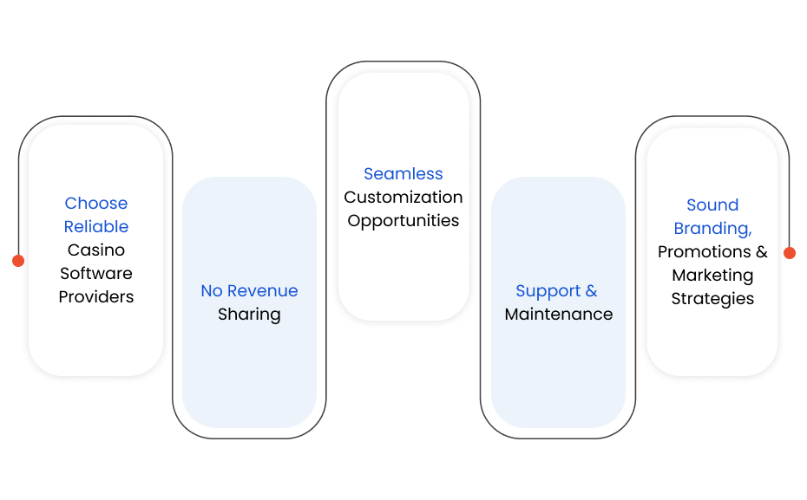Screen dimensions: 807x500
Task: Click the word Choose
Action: pyautogui.click(x=96, y=203)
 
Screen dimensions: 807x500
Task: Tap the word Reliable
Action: pyautogui.click(x=96, y=226)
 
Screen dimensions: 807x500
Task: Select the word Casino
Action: pyautogui.click(x=96, y=250)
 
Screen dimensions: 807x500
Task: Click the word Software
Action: pyautogui.click(x=96, y=273)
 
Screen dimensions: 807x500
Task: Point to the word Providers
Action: pyautogui.click(x=96, y=296)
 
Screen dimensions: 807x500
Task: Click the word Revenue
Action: pyautogui.click(x=262, y=291)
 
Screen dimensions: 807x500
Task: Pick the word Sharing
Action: pyautogui.click(x=249, y=315)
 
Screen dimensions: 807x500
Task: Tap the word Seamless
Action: pyautogui.click(x=403, y=173)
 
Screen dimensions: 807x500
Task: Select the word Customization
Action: pyautogui.click(x=403, y=197)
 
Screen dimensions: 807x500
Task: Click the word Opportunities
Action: pyautogui.click(x=403, y=221)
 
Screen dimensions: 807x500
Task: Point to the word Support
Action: pyautogui.click(x=548, y=291)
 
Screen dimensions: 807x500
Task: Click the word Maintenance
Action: pyautogui.click(x=559, y=314)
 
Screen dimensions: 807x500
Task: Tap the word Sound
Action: pyautogui.click(x=712, y=205)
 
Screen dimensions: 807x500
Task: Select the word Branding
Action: pyautogui.click(x=712, y=229)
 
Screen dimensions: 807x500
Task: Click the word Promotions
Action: pyautogui.click(x=704, y=251)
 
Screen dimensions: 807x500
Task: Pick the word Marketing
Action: pyautogui.click(x=712, y=276)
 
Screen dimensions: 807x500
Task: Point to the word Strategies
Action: pyautogui.click(x=712, y=299)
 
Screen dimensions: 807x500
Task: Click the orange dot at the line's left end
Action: pyautogui.click(x=18, y=261)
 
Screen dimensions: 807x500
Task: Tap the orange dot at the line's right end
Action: pyautogui.click(x=790, y=253)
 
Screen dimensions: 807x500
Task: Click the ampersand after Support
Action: pyautogui.click(x=591, y=291)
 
